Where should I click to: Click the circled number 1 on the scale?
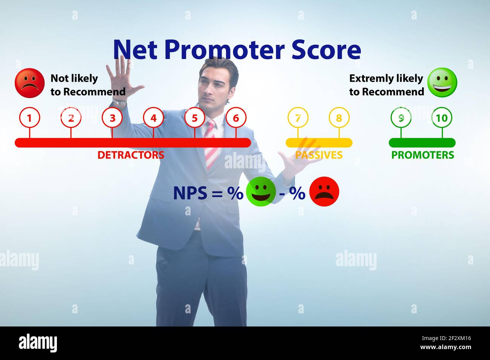(29, 118)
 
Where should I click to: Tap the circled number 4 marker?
(153, 118)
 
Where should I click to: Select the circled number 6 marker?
(236, 118)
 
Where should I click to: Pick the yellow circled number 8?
(339, 118)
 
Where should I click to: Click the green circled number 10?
(442, 118)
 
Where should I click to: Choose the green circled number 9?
(401, 118)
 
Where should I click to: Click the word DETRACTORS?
(131, 155)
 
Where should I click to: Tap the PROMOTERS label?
(423, 155)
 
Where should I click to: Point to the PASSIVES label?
(319, 155)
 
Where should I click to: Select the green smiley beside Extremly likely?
(442, 82)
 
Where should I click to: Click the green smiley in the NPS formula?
(261, 192)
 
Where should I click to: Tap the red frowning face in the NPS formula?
(324, 192)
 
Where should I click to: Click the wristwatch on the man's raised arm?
(119, 102)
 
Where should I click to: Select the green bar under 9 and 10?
(422, 143)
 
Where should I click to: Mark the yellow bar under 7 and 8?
(319, 143)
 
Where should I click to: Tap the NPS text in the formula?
(190, 193)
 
